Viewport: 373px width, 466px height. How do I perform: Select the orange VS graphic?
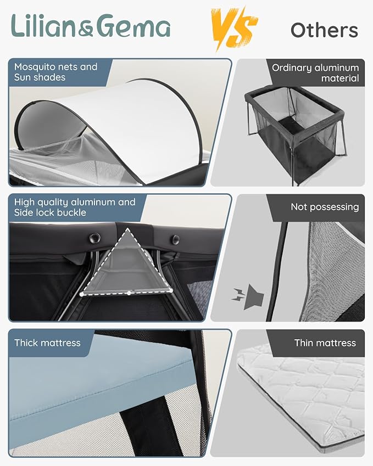click(x=234, y=29)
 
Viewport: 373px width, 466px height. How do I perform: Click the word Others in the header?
click(x=324, y=30)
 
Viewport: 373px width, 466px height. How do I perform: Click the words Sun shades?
click(x=40, y=77)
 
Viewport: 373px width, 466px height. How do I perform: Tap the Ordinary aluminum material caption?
click(x=315, y=73)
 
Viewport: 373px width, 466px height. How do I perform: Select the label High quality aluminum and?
click(x=75, y=202)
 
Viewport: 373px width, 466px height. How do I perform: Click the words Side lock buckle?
click(x=50, y=212)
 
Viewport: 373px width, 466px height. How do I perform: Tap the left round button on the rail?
click(x=94, y=238)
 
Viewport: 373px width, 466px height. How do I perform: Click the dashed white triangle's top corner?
click(x=127, y=229)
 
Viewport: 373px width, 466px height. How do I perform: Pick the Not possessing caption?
click(x=325, y=207)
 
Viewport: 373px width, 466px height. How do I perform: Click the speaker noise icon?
click(x=248, y=297)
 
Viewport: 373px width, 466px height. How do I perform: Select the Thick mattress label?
click(x=48, y=343)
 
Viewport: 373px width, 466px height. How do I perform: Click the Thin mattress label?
click(x=325, y=343)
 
